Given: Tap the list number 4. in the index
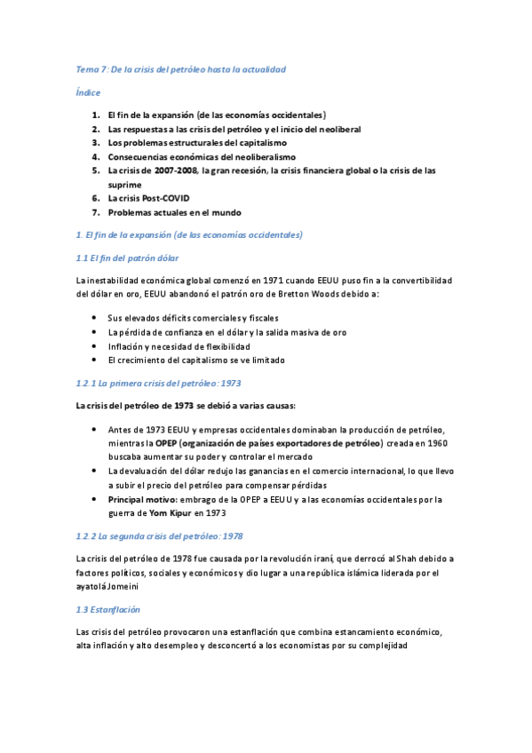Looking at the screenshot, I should [x=95, y=156].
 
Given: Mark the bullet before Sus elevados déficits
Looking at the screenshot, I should [x=95, y=317].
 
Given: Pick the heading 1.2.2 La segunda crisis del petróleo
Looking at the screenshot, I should [x=160, y=536].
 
